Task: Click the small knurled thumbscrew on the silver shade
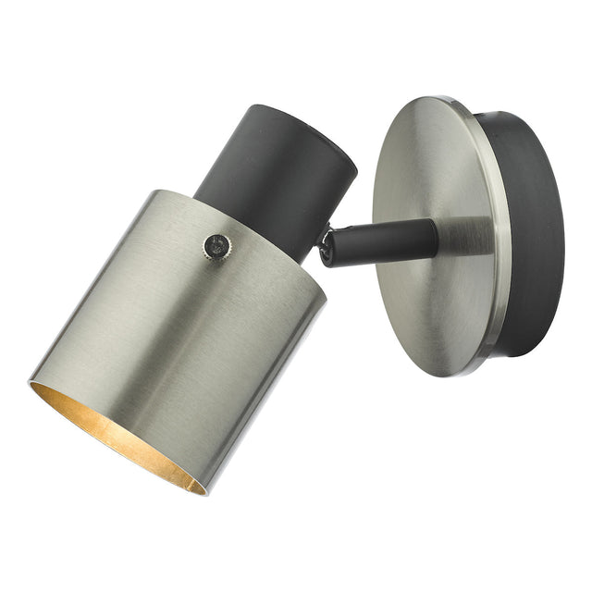pos(217,245)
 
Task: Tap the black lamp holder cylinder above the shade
pos(277,176)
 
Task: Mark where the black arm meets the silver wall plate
pos(437,239)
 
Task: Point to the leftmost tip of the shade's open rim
pos(31,381)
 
